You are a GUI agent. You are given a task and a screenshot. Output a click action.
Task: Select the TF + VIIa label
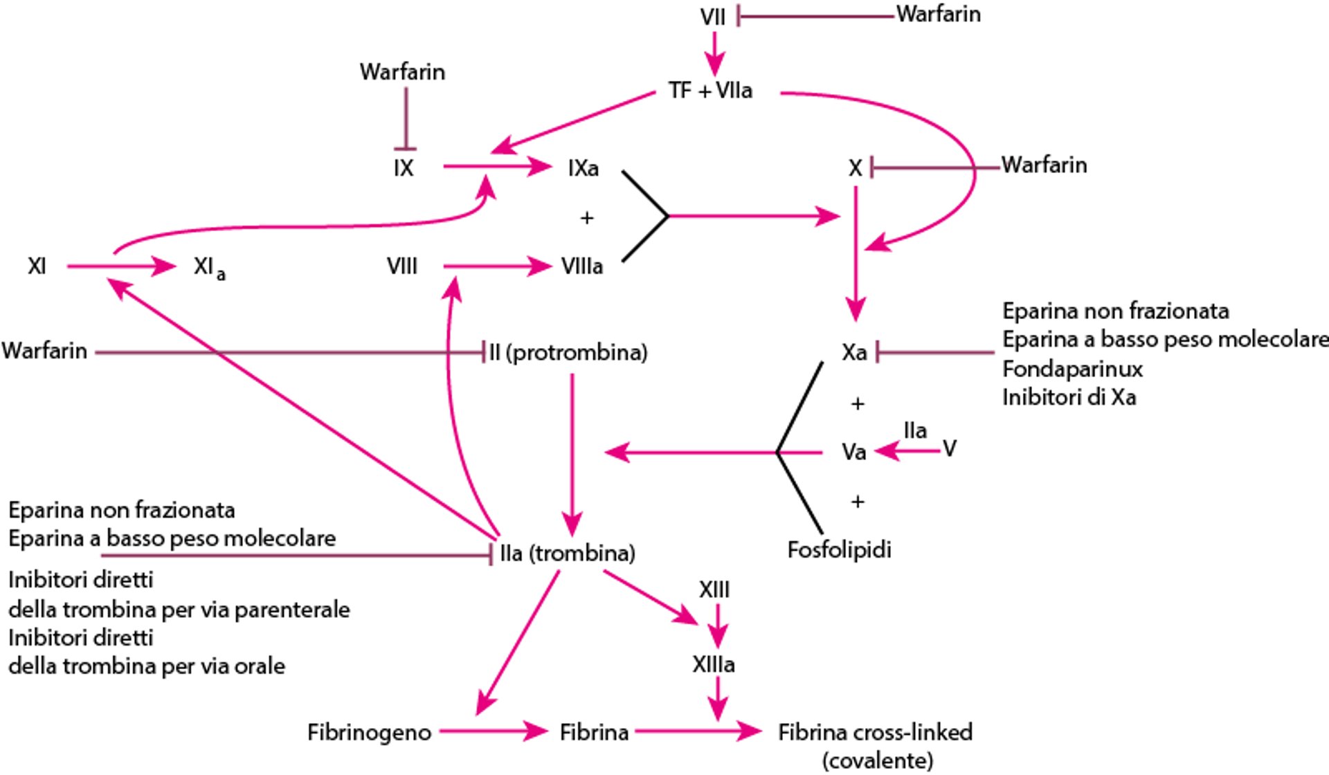tap(710, 91)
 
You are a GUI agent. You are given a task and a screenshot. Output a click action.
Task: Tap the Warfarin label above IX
tap(402, 72)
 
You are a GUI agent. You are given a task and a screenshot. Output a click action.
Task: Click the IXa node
tap(583, 168)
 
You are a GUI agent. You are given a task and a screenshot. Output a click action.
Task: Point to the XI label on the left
tap(37, 266)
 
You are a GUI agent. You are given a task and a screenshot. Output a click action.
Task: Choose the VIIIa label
tap(581, 266)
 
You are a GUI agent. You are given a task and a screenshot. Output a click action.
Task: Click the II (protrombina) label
tap(568, 352)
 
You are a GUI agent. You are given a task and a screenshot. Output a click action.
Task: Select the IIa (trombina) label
tap(567, 553)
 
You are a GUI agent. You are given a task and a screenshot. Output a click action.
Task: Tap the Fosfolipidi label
tap(839, 550)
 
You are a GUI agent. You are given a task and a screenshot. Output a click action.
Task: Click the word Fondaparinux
tap(1072, 369)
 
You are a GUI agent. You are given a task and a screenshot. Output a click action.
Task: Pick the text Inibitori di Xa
tap(1069, 398)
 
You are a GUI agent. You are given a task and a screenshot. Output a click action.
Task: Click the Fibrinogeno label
tap(369, 732)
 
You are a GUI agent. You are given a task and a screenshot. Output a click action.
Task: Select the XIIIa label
tap(713, 665)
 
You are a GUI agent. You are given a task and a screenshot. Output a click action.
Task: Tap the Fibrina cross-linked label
tap(875, 732)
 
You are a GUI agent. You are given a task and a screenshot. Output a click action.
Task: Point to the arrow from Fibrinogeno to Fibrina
tap(493, 731)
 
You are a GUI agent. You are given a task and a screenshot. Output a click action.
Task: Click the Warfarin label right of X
tap(1044, 165)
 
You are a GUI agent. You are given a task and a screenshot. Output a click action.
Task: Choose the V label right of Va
tap(950, 449)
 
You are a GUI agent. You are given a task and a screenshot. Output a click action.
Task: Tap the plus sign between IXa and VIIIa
tap(587, 218)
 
